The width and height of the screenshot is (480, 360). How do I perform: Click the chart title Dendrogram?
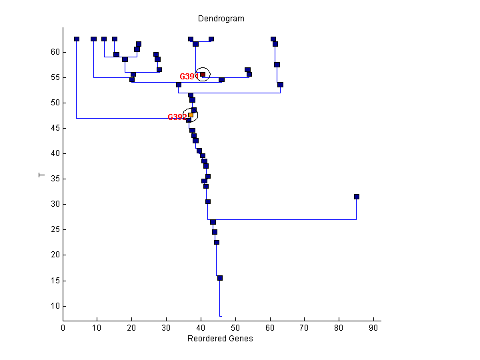(221, 19)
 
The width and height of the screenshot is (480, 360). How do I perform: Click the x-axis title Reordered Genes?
(221, 338)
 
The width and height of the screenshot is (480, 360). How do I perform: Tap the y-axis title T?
(41, 175)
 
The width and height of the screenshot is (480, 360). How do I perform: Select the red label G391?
(189, 77)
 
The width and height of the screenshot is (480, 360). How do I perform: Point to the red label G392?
(177, 117)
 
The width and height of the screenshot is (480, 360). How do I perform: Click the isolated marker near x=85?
(357, 197)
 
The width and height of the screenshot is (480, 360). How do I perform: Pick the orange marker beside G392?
(191, 115)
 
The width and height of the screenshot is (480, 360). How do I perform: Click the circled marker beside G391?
(203, 75)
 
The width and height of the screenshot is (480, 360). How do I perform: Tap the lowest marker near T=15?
(220, 278)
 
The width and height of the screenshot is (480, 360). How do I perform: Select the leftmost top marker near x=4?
(77, 39)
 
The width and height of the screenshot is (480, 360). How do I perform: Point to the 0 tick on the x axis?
(63, 328)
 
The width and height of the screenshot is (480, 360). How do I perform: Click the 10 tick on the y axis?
(55, 305)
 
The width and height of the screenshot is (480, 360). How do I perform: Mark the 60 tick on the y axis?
(55, 52)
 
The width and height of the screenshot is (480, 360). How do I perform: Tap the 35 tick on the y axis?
(55, 179)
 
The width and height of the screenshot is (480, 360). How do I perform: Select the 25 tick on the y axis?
(55, 229)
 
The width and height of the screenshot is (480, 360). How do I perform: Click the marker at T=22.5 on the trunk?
(217, 242)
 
